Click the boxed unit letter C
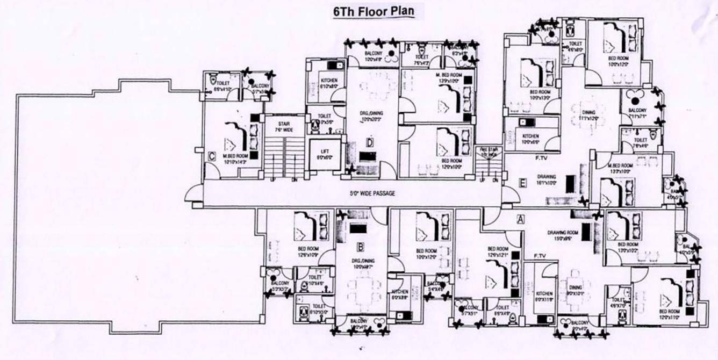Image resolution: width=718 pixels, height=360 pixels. [212, 156]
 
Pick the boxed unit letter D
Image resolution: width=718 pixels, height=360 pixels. [370, 143]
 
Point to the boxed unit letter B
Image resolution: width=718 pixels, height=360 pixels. [361, 248]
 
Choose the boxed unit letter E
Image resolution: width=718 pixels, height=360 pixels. [522, 183]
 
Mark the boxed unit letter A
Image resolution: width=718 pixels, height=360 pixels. [520, 219]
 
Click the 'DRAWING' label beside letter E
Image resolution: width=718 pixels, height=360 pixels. [547, 176]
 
